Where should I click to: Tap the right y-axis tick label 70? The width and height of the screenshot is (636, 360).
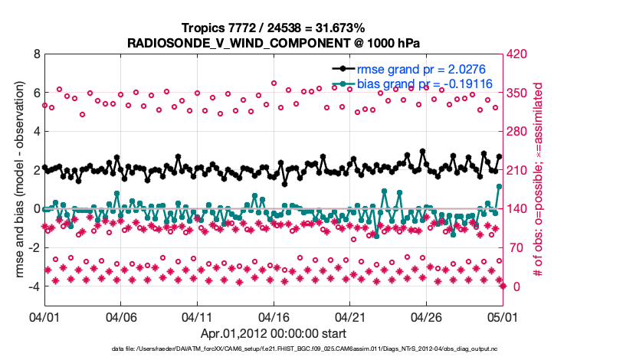tap(515, 247)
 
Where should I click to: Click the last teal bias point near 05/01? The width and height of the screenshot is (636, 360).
tap(499, 186)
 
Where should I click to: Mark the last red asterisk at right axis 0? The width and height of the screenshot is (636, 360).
tap(503, 286)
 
